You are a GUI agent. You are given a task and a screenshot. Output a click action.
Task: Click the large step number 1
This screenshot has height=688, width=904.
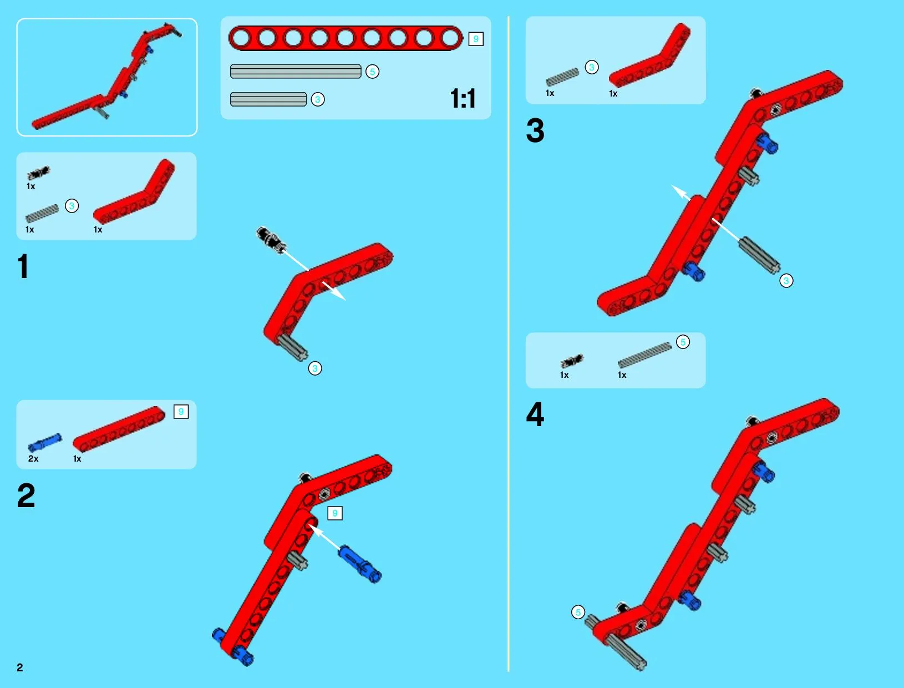coord(23,266)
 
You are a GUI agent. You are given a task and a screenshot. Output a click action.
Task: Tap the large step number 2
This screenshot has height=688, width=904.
coord(27,495)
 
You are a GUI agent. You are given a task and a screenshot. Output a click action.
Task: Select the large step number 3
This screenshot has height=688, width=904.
coord(535,130)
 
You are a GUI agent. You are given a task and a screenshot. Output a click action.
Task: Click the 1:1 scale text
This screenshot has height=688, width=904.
coord(463,98)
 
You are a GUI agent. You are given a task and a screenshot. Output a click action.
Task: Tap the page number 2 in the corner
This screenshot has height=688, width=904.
coord(20,667)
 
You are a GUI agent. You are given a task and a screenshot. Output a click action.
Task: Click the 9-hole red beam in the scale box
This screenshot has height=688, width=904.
coord(346,38)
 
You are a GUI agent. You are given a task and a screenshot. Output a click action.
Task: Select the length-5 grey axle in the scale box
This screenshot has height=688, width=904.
coord(296,71)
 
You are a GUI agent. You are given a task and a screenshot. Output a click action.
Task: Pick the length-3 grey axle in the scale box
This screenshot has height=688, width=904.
coord(268,99)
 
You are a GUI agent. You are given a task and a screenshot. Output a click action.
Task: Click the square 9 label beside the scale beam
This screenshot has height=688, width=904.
coord(476,39)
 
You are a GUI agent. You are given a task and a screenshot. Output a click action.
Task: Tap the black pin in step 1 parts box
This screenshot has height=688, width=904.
coord(38,173)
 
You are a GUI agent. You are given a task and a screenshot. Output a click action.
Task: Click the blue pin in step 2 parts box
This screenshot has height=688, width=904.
coord(45,443)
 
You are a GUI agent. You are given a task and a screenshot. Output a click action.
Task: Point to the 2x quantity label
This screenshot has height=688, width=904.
coord(33,458)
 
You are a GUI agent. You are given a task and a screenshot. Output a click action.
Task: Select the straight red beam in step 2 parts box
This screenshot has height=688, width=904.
coord(119,429)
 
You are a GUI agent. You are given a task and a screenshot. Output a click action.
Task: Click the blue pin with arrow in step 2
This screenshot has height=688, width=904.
coord(359,564)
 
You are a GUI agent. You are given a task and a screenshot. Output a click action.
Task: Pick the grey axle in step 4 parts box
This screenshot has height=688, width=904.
coord(644,355)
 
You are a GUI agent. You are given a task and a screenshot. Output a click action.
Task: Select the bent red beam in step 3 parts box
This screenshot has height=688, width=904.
coord(649,55)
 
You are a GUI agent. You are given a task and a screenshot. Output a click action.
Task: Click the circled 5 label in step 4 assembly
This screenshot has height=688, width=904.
coord(578,612)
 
